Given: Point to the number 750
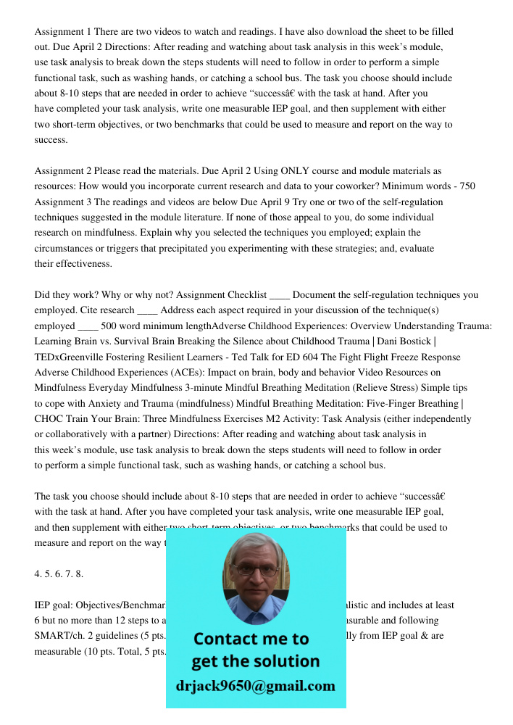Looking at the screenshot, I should [467, 186].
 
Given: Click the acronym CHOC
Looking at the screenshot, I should [50, 418].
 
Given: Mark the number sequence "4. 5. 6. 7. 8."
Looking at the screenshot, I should [59, 573].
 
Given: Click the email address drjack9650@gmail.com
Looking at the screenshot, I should [255, 686].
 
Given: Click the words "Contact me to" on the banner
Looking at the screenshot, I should [251, 639].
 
